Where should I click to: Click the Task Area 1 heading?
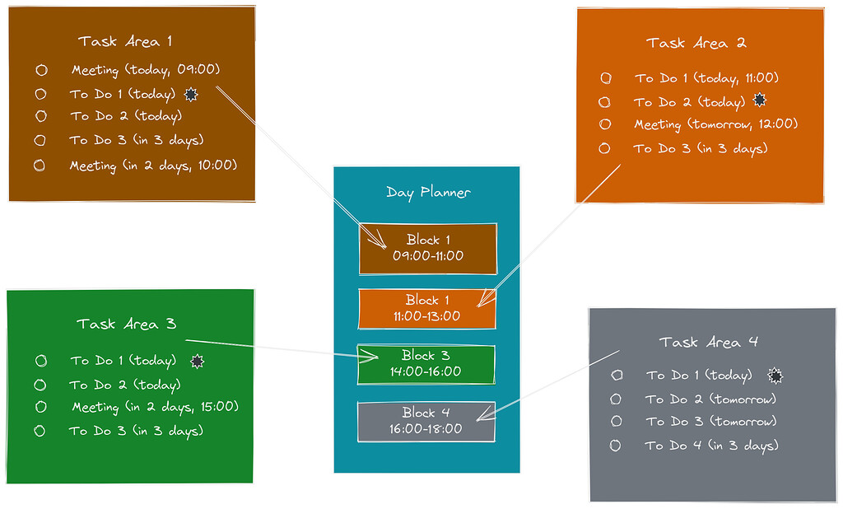coord(125,41)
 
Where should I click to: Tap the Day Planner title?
coord(428,193)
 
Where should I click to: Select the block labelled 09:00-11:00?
coord(428,248)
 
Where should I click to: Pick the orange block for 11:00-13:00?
coord(427,308)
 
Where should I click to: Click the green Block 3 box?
coord(426,364)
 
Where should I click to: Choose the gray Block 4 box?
coord(426,421)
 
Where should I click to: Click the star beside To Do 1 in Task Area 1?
coord(191,94)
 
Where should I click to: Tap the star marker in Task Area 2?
coord(760,101)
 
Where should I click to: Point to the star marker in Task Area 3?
coord(196,361)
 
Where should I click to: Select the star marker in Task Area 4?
coord(774,376)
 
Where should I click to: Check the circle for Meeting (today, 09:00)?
coord(41,71)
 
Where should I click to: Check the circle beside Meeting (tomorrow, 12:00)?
coord(605,124)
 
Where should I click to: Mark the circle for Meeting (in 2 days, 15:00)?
coord(40,407)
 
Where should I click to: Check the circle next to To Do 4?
coord(615,446)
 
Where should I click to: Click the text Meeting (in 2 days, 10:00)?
coord(153,166)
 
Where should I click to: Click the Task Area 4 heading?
coord(708,342)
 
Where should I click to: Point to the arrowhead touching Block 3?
coord(373,357)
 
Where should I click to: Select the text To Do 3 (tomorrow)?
coord(710,422)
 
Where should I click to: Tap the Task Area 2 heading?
coord(696,43)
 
